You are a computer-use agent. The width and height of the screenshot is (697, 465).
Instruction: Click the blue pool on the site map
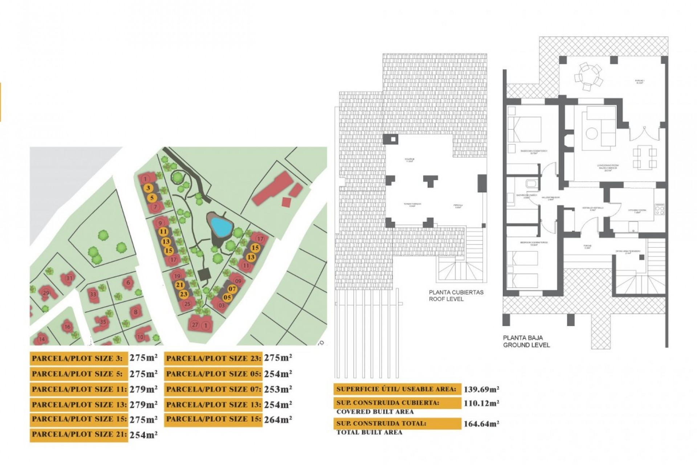[221, 226]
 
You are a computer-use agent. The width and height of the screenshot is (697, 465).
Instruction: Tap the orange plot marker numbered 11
[163, 232]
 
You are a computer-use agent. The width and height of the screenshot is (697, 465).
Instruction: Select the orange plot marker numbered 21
[179, 285]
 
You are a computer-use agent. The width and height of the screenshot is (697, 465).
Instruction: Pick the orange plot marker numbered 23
[184, 294]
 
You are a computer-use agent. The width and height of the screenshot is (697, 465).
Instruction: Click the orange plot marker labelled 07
[232, 289]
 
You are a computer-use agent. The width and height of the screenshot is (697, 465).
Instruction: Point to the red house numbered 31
[69, 278]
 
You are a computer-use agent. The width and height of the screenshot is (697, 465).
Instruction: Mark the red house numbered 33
[93, 294]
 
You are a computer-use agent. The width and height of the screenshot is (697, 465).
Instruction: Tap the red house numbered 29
[46, 293]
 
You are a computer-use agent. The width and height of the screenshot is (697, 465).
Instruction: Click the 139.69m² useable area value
[481, 389]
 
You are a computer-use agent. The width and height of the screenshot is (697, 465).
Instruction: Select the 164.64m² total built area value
[481, 424]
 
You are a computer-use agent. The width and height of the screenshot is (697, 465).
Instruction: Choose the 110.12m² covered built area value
[481, 403]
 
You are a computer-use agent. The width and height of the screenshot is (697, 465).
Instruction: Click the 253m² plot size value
[278, 389]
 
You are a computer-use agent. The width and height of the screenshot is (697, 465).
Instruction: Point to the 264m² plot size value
[278, 420]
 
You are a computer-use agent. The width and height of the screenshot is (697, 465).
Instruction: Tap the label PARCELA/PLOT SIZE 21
[79, 434]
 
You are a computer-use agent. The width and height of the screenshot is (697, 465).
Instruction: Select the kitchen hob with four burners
[660, 210]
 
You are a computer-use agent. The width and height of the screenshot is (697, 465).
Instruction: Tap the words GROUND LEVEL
[526, 345]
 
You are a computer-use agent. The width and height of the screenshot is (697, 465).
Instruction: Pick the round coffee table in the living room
[592, 133]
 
